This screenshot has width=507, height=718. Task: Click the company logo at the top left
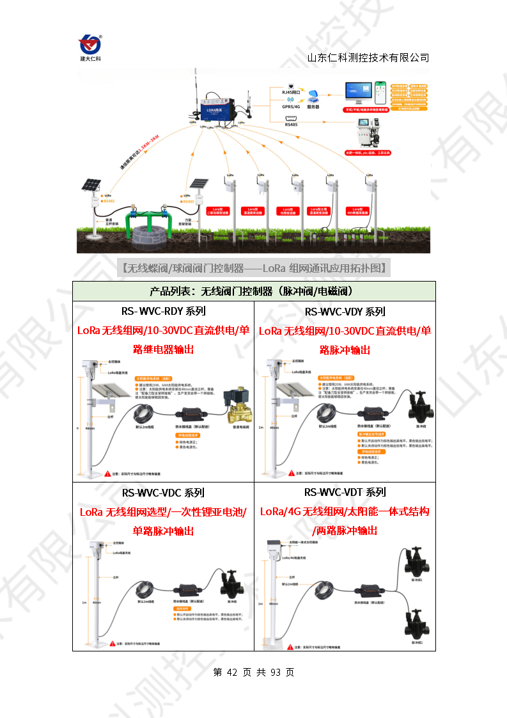(90, 45)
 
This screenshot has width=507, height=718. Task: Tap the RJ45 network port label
(292, 93)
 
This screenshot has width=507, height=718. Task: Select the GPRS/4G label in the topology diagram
(292, 108)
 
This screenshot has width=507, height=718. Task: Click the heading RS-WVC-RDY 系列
(163, 312)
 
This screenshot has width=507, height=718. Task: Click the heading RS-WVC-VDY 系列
(345, 312)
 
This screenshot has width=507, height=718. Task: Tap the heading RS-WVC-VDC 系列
(163, 493)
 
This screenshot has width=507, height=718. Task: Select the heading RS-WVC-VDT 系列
(345, 493)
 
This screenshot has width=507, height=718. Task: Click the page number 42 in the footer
(232, 673)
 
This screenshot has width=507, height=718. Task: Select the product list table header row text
(253, 291)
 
